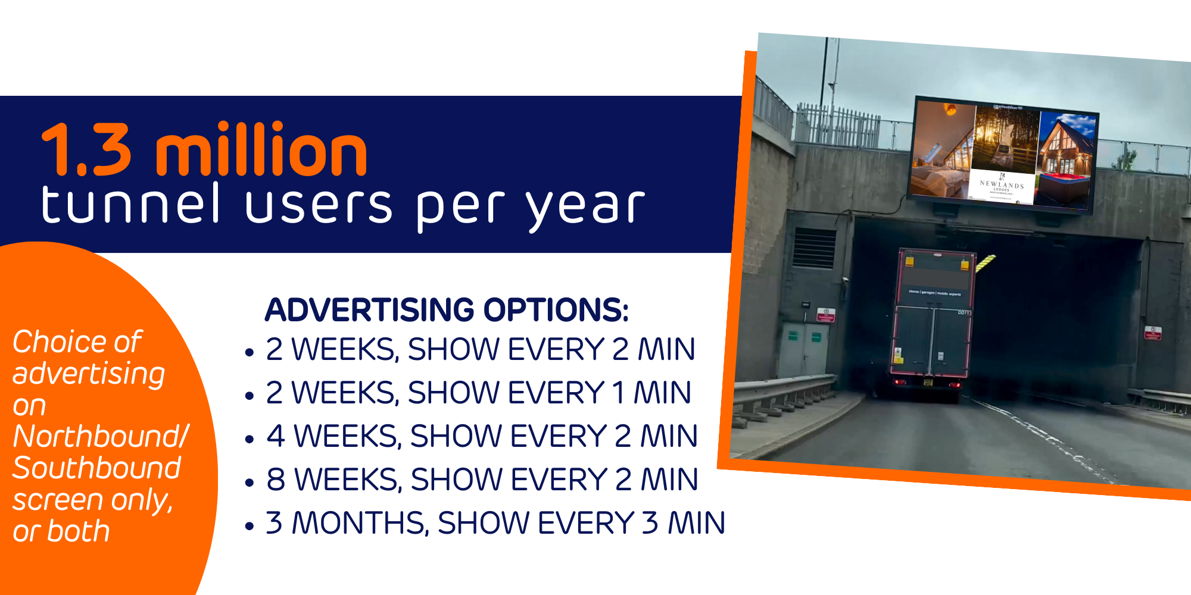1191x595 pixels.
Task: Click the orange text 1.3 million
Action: [x=204, y=151]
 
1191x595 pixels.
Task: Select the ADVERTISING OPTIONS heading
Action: [x=447, y=310]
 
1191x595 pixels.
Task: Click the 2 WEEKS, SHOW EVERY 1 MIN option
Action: [x=478, y=393]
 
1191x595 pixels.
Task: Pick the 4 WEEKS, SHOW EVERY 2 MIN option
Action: [x=481, y=436]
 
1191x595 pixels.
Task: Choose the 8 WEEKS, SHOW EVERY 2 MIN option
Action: [x=481, y=480]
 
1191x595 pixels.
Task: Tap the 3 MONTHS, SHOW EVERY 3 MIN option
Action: [x=494, y=523]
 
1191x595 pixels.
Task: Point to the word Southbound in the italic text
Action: [x=96, y=468]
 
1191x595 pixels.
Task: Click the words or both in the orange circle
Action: [x=61, y=531]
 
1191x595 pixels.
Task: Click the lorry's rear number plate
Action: [x=928, y=383]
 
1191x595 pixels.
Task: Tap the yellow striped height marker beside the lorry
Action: [x=986, y=262]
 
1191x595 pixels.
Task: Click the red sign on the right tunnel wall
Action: [x=1153, y=333]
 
